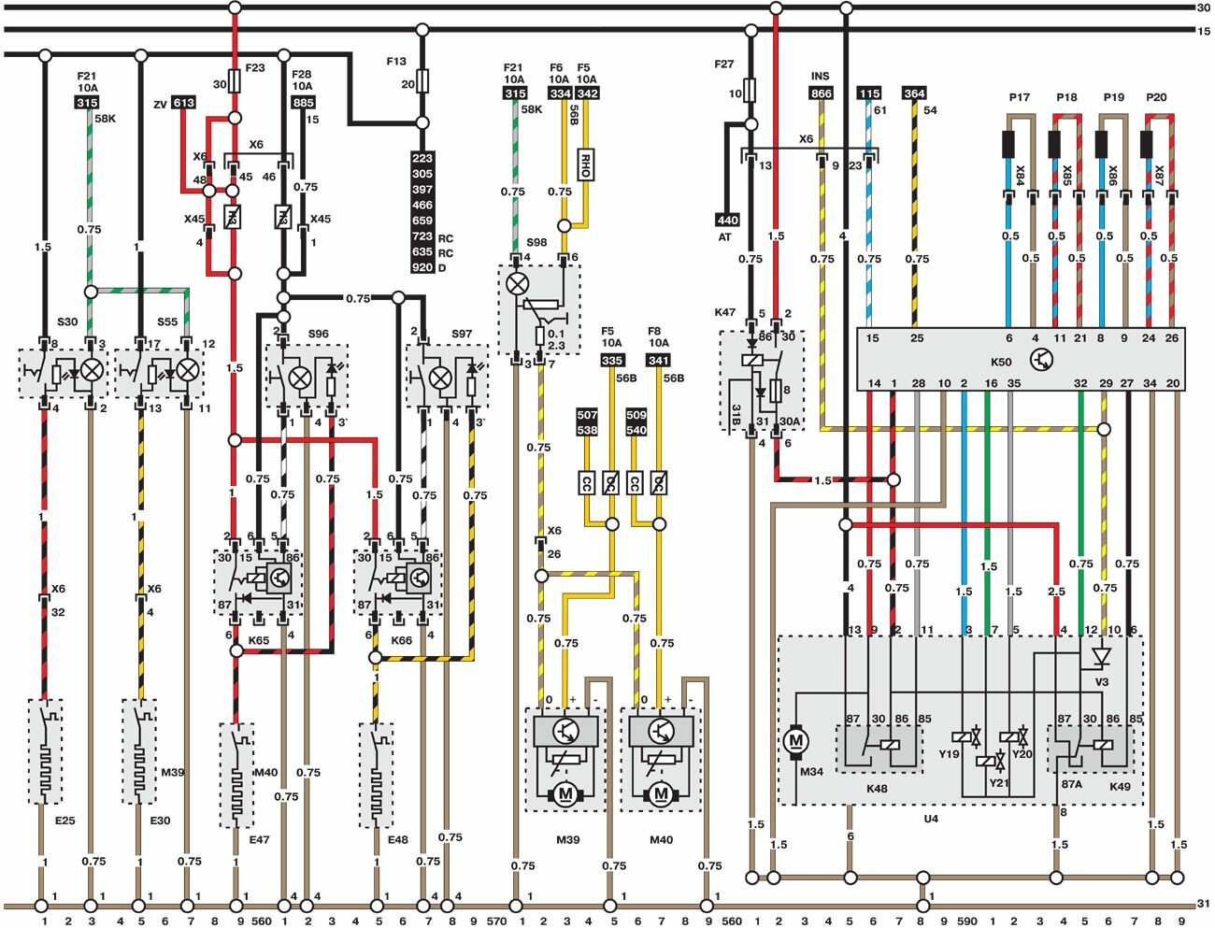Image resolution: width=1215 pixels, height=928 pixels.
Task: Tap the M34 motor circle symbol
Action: pyautogui.click(x=796, y=740)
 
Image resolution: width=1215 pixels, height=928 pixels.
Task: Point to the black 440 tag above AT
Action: pyautogui.click(x=727, y=221)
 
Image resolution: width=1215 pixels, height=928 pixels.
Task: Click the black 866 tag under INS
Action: pyautogui.click(x=821, y=93)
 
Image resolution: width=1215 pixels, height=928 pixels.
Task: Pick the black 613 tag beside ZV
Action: pyautogui.click(x=184, y=103)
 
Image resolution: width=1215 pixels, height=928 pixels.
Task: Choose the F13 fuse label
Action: pyautogui.click(x=396, y=62)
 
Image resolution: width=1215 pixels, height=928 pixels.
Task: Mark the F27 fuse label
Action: pyautogui.click(x=724, y=64)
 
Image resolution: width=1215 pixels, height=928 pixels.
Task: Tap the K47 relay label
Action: pyautogui.click(x=724, y=312)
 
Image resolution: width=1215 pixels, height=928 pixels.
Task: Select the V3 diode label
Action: pyautogui.click(x=1101, y=682)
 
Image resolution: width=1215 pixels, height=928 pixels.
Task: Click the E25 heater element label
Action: pyautogui.click(x=64, y=821)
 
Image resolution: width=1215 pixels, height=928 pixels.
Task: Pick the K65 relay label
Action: pyautogui.click(x=259, y=640)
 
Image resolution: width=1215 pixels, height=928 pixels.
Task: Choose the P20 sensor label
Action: pyautogui.click(x=1156, y=98)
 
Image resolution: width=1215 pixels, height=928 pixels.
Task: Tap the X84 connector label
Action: pyautogui.click(x=1021, y=175)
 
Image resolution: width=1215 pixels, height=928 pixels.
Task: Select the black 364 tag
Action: pyautogui.click(x=914, y=93)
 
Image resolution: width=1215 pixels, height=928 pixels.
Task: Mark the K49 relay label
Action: pyautogui.click(x=1120, y=788)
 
